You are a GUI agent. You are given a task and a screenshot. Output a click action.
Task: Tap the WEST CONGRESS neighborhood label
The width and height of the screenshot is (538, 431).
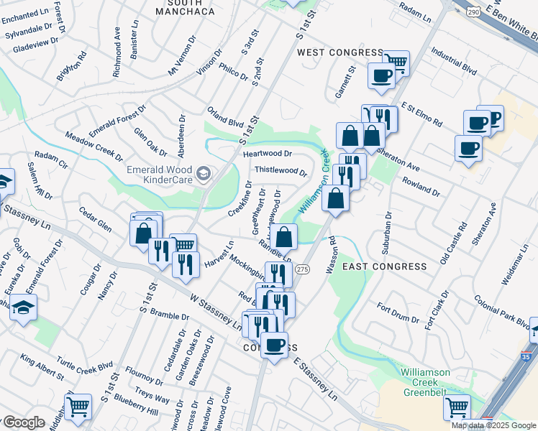coord(340,52)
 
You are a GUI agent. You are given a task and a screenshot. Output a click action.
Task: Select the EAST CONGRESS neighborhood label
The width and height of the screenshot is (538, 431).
coord(384,267)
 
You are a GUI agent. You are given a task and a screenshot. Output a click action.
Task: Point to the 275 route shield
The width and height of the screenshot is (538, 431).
coord(302,269)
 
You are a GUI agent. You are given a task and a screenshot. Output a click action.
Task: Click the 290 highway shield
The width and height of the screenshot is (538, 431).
coord(472,12)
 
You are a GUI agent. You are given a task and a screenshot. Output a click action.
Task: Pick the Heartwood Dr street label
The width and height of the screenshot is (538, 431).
coord(268,154)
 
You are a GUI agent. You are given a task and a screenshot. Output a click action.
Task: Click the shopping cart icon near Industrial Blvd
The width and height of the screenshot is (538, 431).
coord(396,62)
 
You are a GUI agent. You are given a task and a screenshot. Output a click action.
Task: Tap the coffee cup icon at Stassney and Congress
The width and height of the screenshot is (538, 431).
coord(274,345)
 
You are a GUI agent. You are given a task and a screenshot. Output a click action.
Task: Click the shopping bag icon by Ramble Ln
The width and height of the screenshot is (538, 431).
coord(285,235)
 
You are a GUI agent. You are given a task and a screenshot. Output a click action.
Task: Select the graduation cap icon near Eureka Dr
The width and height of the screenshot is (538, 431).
coord(24,307)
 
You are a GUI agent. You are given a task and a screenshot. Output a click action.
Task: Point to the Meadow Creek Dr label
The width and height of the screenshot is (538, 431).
coord(94,143)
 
